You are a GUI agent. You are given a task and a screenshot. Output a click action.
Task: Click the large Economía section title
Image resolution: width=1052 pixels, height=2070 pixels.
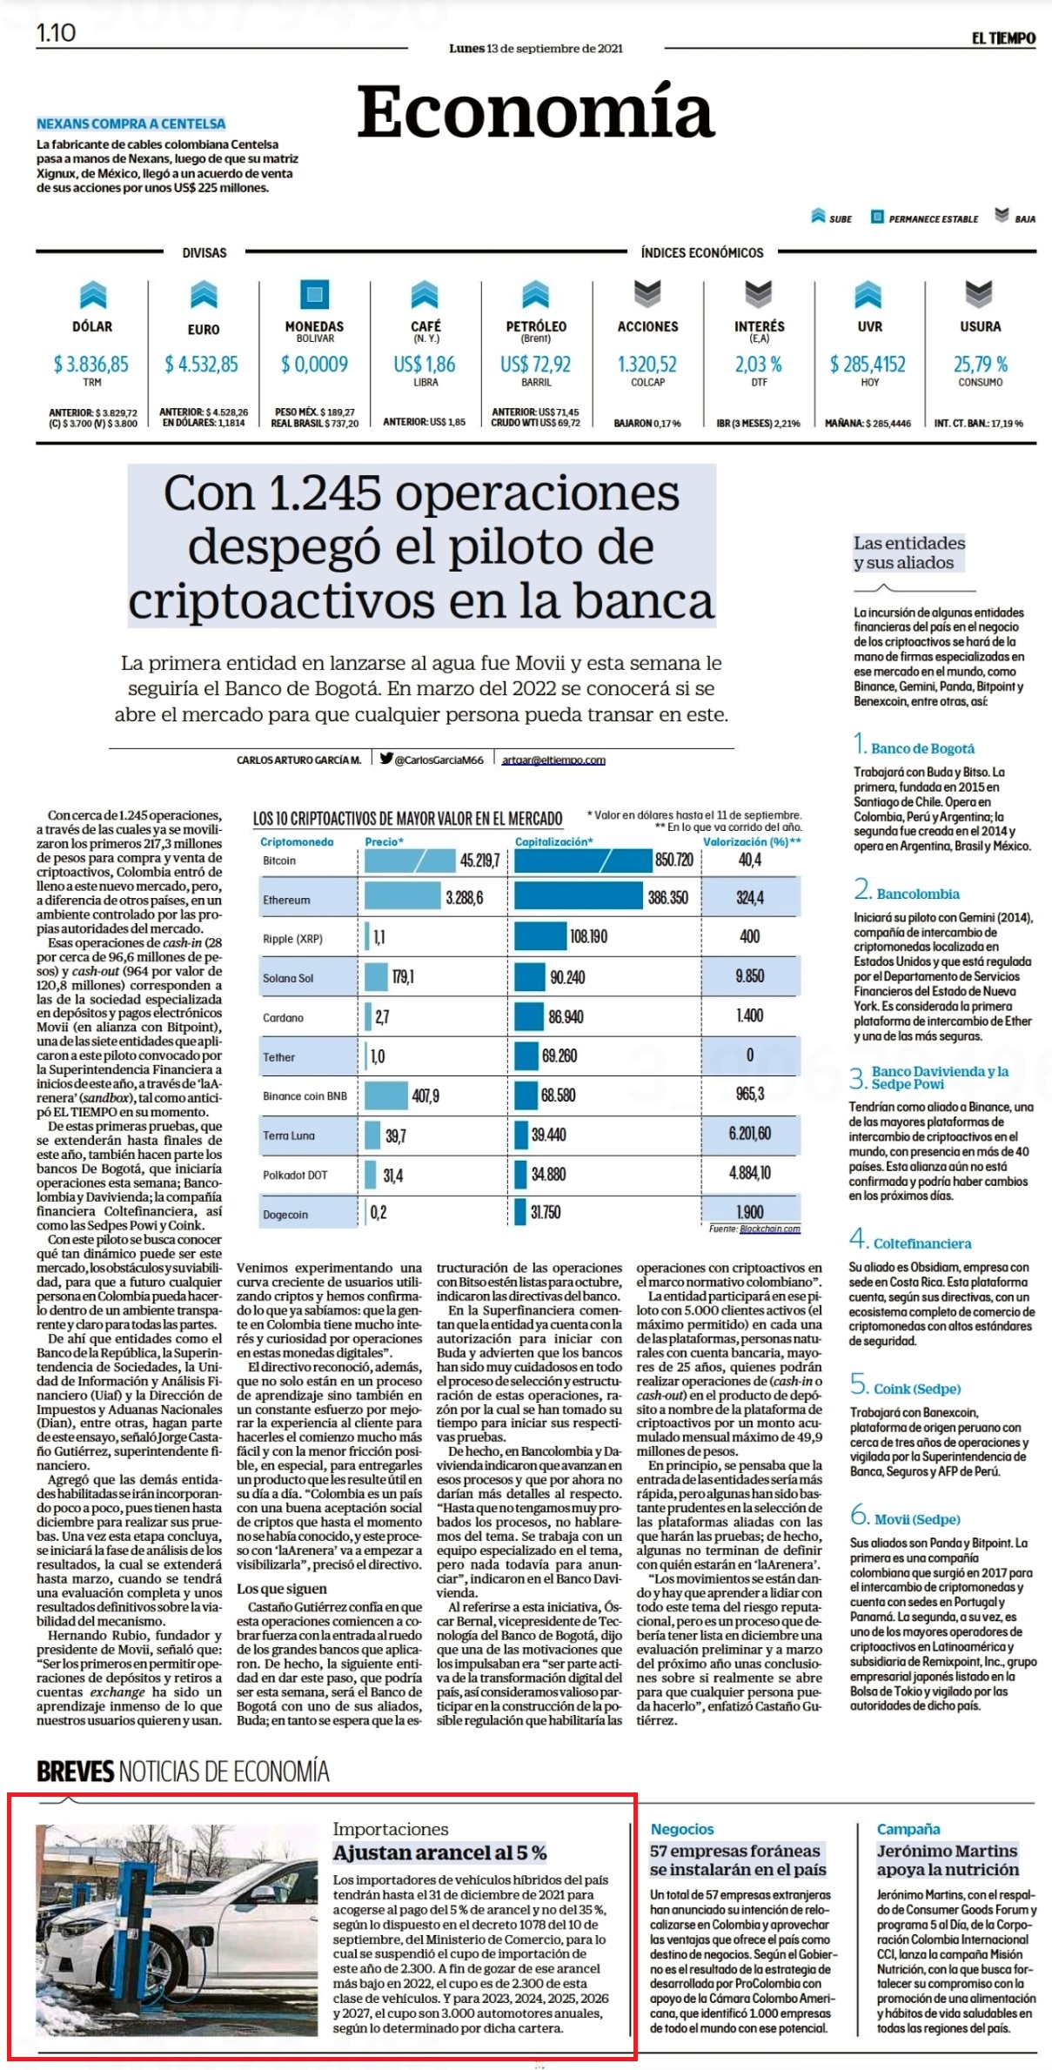click(536, 111)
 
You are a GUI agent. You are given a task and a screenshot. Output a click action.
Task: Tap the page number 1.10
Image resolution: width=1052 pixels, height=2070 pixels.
click(56, 33)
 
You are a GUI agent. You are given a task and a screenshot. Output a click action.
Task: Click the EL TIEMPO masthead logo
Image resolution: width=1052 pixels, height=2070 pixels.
click(1003, 38)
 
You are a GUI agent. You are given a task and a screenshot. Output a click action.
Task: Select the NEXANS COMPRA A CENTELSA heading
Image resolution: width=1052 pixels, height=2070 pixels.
click(131, 124)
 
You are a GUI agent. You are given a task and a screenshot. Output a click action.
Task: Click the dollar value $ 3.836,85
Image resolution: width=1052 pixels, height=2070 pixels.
click(91, 364)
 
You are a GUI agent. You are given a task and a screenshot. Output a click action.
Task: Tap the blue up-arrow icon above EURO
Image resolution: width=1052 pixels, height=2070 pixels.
click(203, 295)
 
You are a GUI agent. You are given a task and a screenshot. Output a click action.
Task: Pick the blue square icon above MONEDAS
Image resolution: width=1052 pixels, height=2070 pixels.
click(314, 295)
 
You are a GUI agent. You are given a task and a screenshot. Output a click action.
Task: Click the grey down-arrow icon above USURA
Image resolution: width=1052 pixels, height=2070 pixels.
click(980, 295)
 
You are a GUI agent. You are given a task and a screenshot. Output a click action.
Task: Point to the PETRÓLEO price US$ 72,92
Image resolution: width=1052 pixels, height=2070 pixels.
click(536, 364)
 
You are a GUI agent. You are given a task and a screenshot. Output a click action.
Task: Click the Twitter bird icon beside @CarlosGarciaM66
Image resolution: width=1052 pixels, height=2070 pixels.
click(386, 758)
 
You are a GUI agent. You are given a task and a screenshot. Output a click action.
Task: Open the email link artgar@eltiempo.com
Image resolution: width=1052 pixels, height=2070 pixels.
click(553, 760)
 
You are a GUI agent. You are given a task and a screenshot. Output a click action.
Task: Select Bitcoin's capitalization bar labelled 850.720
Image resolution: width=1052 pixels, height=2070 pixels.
click(605, 861)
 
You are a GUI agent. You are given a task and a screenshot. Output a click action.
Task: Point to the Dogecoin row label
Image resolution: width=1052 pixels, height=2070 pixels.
click(285, 1215)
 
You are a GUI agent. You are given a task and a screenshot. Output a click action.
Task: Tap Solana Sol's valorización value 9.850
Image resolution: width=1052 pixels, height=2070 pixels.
click(750, 976)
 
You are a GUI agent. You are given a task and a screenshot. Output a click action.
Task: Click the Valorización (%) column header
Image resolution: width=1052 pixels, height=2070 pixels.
click(752, 841)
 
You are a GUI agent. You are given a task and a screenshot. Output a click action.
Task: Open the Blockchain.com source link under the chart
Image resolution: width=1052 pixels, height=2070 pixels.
click(770, 1229)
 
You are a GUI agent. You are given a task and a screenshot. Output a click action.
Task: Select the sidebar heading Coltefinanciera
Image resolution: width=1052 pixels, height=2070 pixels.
click(922, 1243)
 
